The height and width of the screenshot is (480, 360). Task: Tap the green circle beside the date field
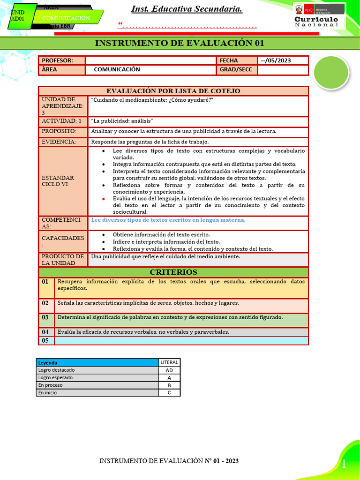(x=330, y=72)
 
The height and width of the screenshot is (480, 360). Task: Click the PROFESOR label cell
(x=62, y=60)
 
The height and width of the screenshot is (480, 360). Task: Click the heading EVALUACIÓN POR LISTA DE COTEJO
(x=173, y=91)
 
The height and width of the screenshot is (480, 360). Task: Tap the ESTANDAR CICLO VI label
(x=58, y=181)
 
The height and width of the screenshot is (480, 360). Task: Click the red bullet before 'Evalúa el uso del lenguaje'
(x=103, y=199)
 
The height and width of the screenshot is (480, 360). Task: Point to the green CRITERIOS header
(x=173, y=272)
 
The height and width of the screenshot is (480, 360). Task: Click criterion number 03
(x=45, y=318)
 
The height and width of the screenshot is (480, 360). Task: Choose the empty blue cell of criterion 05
(x=181, y=341)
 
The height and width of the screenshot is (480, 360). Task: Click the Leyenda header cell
(x=97, y=362)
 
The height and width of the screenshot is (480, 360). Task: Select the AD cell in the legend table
(x=169, y=370)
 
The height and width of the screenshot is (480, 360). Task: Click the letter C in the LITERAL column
(x=169, y=393)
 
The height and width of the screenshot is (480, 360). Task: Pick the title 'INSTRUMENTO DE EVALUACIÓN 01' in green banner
(x=180, y=43)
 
